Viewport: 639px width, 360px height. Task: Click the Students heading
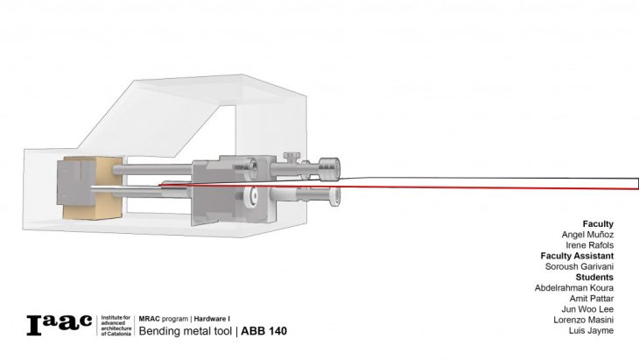594,277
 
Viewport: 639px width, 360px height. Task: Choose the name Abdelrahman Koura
574,288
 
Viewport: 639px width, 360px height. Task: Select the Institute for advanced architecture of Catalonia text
115,323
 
